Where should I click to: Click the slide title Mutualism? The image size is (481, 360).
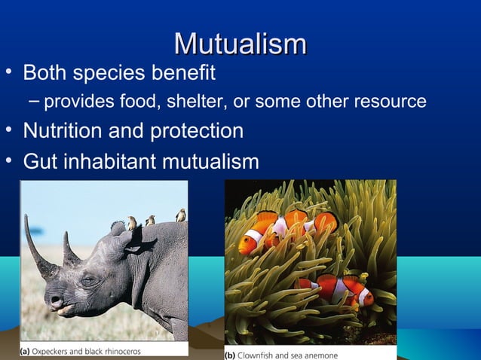tap(240, 44)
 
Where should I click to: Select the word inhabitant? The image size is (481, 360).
tap(114, 161)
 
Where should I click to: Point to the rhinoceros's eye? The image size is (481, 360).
tap(90, 280)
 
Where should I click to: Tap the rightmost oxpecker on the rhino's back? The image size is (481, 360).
tap(180, 215)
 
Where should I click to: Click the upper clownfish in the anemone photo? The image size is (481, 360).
tap(286, 230)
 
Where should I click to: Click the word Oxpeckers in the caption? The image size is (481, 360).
tap(58, 351)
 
